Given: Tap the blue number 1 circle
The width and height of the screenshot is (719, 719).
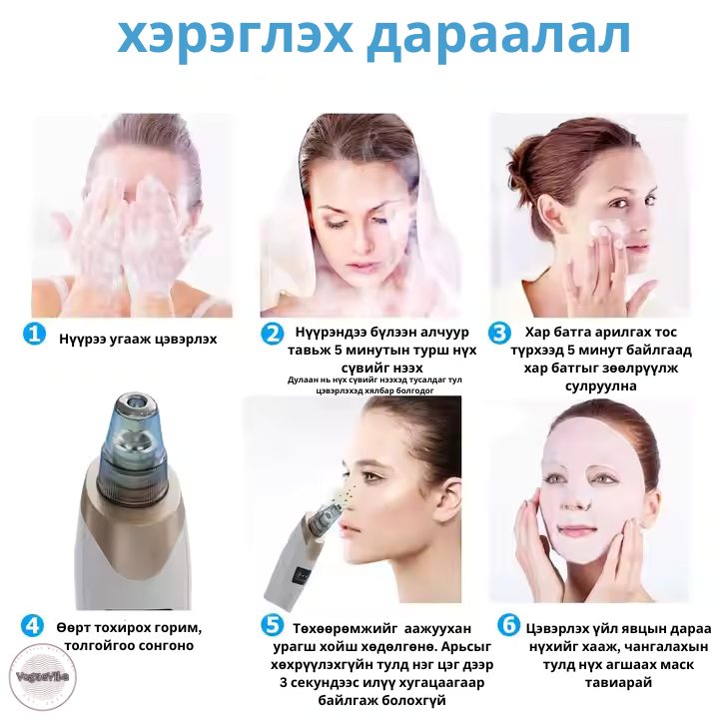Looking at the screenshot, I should point(34,334).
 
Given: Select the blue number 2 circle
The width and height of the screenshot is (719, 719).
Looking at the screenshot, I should point(272,334).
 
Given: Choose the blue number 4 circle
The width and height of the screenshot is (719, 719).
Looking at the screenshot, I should point(33,626).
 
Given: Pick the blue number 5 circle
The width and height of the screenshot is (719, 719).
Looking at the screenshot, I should point(272,626).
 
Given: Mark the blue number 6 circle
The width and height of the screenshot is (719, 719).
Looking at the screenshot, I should point(509,626).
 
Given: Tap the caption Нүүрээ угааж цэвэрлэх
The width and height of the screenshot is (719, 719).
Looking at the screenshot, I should point(138,339).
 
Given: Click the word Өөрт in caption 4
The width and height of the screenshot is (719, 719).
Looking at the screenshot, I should point(78,626).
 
